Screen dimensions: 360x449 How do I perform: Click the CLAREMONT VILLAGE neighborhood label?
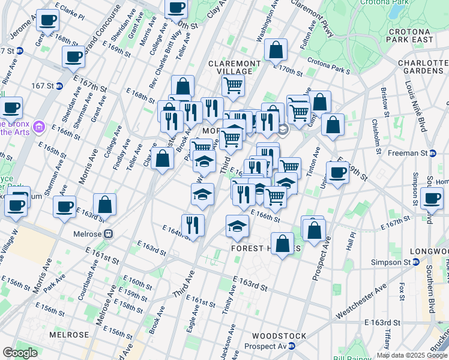[x=234, y=67]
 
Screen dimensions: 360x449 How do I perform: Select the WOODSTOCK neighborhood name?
[x=279, y=336]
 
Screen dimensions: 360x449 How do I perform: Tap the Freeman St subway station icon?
[x=432, y=153]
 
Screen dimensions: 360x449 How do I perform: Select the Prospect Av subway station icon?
[x=292, y=346]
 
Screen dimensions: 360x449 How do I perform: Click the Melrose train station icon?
[x=109, y=234]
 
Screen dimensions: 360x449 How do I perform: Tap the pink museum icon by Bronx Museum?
[x=40, y=127]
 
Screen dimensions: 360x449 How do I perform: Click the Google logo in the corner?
[x=20, y=352]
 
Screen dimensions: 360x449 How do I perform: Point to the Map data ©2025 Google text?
[x=412, y=355]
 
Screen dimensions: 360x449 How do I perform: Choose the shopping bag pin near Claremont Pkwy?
[x=276, y=52]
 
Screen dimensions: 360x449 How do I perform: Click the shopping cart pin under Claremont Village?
[x=233, y=85]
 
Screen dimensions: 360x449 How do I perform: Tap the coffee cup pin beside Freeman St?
[x=337, y=172]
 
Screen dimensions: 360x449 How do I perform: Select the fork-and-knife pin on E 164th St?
[x=193, y=225]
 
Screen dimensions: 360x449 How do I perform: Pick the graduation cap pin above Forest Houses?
[x=237, y=226]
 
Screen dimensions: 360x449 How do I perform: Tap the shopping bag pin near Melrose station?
[x=105, y=204]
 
